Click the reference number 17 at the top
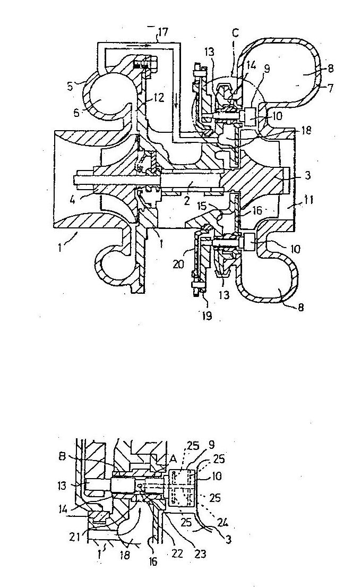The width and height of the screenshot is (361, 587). tap(163, 32)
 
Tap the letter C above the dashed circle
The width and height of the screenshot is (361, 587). tap(235, 33)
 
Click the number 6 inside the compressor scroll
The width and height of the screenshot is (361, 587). tap(76, 112)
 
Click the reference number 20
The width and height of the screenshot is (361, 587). tap(178, 265)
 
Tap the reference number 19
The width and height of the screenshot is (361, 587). tap(207, 316)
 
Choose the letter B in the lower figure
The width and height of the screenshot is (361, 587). tap(63, 457)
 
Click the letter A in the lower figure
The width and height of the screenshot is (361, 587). tap(173, 458)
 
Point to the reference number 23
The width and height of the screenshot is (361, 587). tap(201, 553)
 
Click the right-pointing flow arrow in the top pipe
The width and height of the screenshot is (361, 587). tap(142, 45)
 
